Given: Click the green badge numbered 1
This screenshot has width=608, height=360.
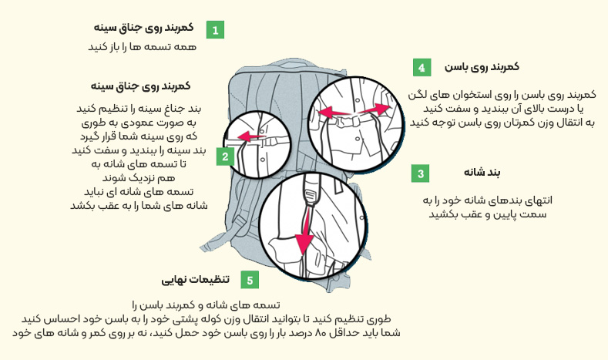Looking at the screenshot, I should coord(215,31).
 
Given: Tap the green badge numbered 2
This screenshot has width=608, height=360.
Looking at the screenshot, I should coord(225,157).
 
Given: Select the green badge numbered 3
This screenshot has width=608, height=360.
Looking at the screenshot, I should coord(420,173).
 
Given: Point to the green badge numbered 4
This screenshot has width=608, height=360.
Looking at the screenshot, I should coord(421,68).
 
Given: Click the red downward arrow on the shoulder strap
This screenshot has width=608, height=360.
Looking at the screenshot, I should coord(307,230).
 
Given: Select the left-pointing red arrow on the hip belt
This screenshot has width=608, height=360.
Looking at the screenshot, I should coord(331,113).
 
